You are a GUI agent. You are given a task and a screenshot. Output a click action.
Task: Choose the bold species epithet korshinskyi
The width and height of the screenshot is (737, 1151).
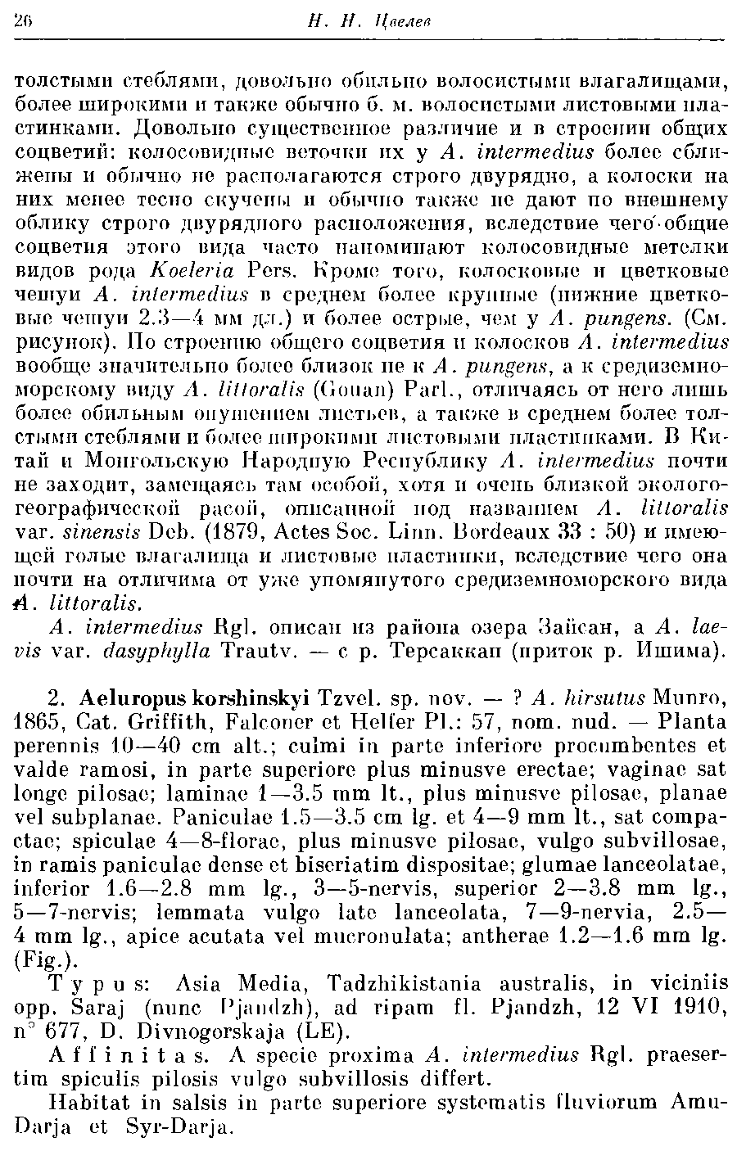pos(251,698)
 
